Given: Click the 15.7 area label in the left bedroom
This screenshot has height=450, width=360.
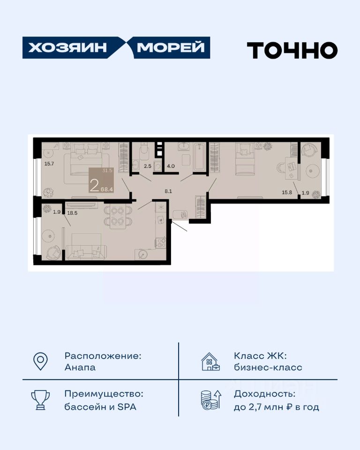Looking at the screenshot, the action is (49, 164).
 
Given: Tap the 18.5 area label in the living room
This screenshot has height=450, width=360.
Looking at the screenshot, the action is (72, 213).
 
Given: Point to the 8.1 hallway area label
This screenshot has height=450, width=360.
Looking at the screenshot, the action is (168, 191).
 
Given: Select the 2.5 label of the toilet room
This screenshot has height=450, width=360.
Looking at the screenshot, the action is (148, 166).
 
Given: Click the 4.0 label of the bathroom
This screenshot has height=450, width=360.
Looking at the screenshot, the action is (171, 166).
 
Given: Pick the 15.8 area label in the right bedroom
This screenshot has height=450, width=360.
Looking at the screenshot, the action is (287, 192).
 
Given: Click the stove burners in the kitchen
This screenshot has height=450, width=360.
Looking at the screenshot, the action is (161, 243).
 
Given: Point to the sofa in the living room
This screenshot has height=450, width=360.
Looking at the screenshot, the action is (86, 253).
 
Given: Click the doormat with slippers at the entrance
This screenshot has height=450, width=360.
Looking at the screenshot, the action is (180, 214).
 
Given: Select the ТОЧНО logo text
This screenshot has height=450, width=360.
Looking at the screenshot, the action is (292, 50).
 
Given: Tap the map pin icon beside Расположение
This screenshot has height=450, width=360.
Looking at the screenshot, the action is (40, 361).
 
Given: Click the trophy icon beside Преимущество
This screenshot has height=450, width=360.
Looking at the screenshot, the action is (40, 399).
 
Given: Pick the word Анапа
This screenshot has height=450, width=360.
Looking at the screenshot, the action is (80, 367).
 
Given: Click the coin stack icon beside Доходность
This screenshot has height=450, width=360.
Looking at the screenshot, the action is (211, 399).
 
